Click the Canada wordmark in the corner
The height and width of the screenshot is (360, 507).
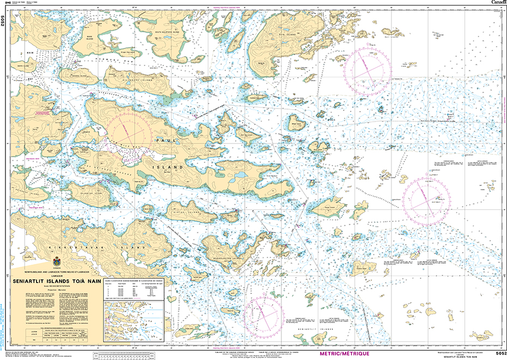pos(497,3)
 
